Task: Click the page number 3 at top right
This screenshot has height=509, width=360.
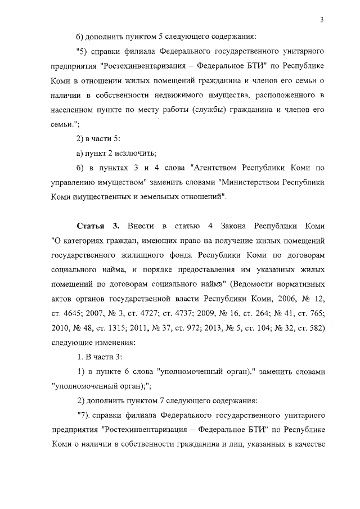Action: [x=321, y=21]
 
